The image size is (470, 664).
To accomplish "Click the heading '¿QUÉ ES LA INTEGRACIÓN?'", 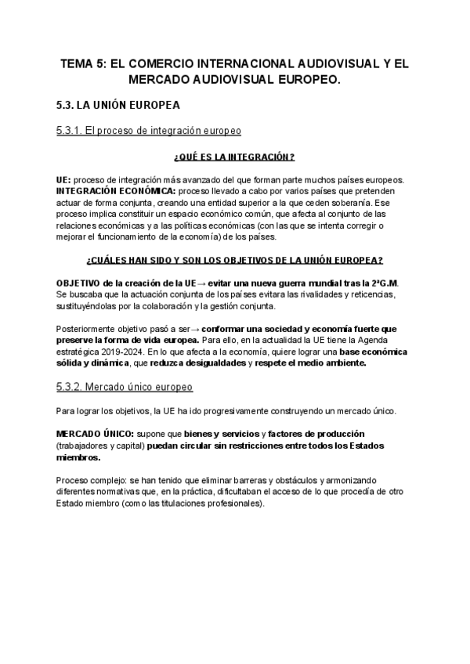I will point(235,157).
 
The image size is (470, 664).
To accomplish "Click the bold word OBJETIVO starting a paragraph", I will point(82,282).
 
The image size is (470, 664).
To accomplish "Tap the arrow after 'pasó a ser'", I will point(205,329).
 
